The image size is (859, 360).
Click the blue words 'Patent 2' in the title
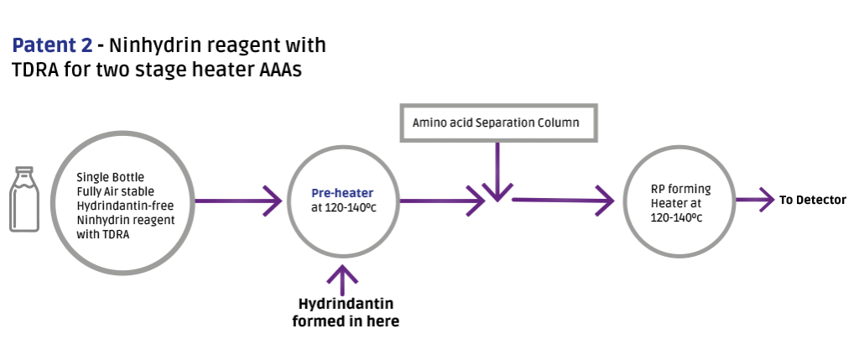click(52, 45)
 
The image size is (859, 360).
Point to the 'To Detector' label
click(813, 200)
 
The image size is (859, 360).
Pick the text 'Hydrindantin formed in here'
click(345, 311)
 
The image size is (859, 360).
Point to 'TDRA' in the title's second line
click(36, 70)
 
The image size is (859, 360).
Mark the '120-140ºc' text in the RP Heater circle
click(675, 217)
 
